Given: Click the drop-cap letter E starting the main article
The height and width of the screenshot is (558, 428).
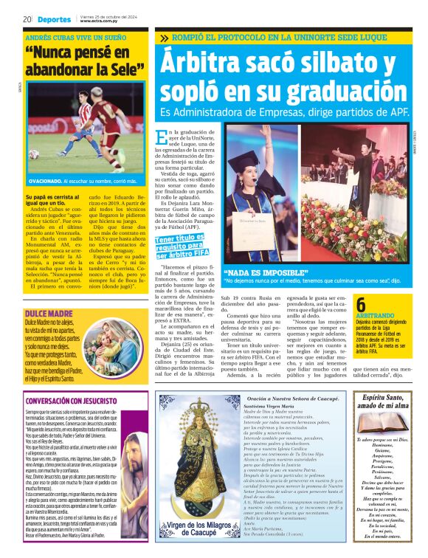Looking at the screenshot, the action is [x=162, y=137].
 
